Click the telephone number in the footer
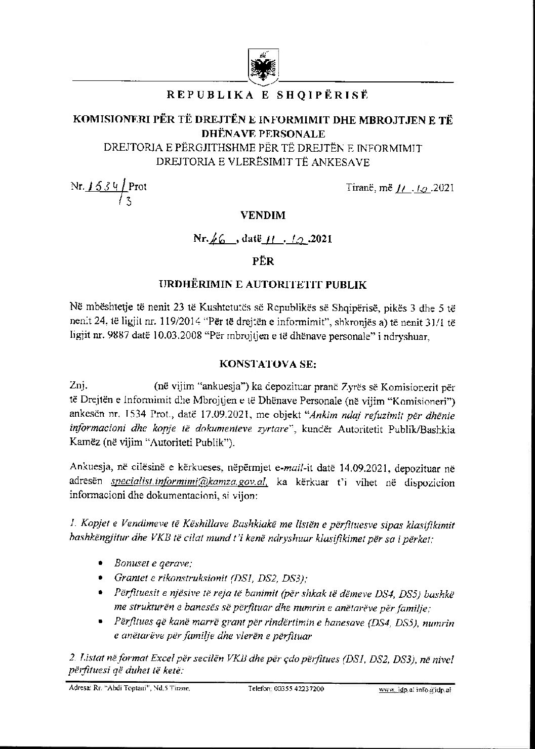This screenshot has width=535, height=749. pyautogui.click(x=286, y=689)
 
